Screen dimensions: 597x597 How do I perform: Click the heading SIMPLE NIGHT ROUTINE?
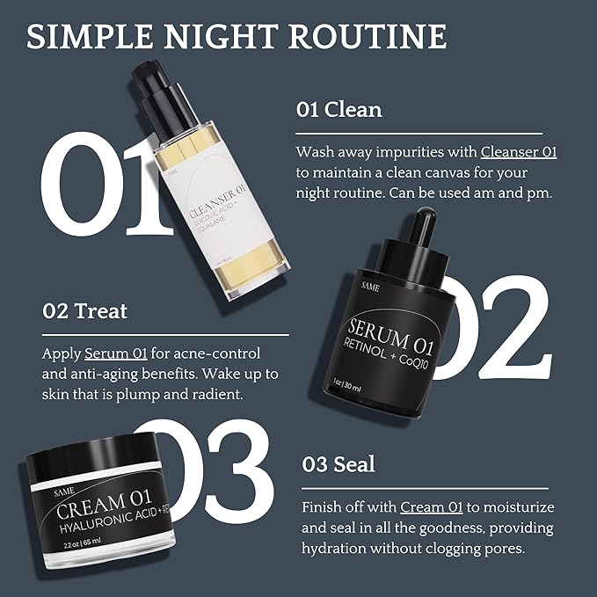[236, 37]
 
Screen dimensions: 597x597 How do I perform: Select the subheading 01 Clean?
[339, 110]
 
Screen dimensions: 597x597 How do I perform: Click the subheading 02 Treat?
[85, 310]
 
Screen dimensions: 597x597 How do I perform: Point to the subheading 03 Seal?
[339, 463]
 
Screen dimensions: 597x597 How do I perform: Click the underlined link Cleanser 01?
[518, 151]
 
